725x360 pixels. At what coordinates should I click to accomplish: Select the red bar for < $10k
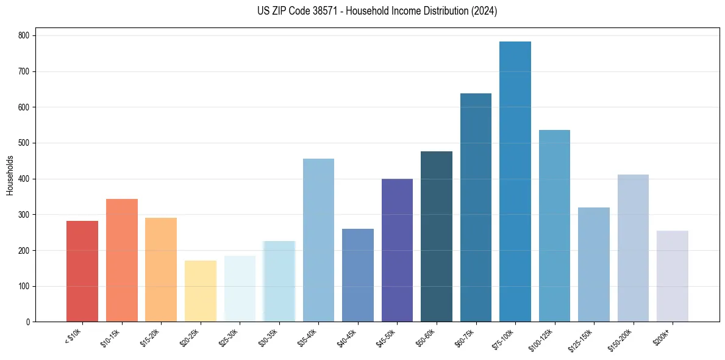tap(82, 272)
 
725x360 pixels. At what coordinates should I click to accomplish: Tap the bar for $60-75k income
tap(476, 207)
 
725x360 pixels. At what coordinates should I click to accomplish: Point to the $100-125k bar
tap(554, 226)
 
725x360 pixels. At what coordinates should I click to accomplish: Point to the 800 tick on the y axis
tap(24, 36)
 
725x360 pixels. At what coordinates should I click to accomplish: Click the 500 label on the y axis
tap(24, 143)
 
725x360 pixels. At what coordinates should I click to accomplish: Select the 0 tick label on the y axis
tap(28, 322)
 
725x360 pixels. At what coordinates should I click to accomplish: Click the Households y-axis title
tap(10, 175)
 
